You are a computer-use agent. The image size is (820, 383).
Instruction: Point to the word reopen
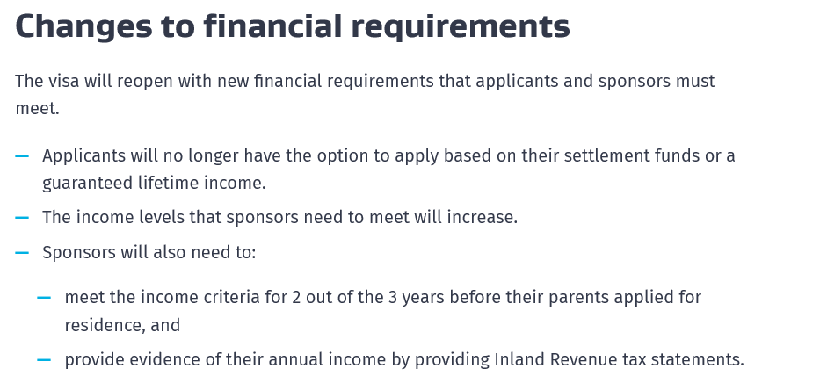click(153, 82)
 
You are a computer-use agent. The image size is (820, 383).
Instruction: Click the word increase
click(482, 217)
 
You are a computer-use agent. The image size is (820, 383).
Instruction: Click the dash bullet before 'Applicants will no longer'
click(22, 156)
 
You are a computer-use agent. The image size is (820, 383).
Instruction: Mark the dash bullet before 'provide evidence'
click(44, 359)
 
